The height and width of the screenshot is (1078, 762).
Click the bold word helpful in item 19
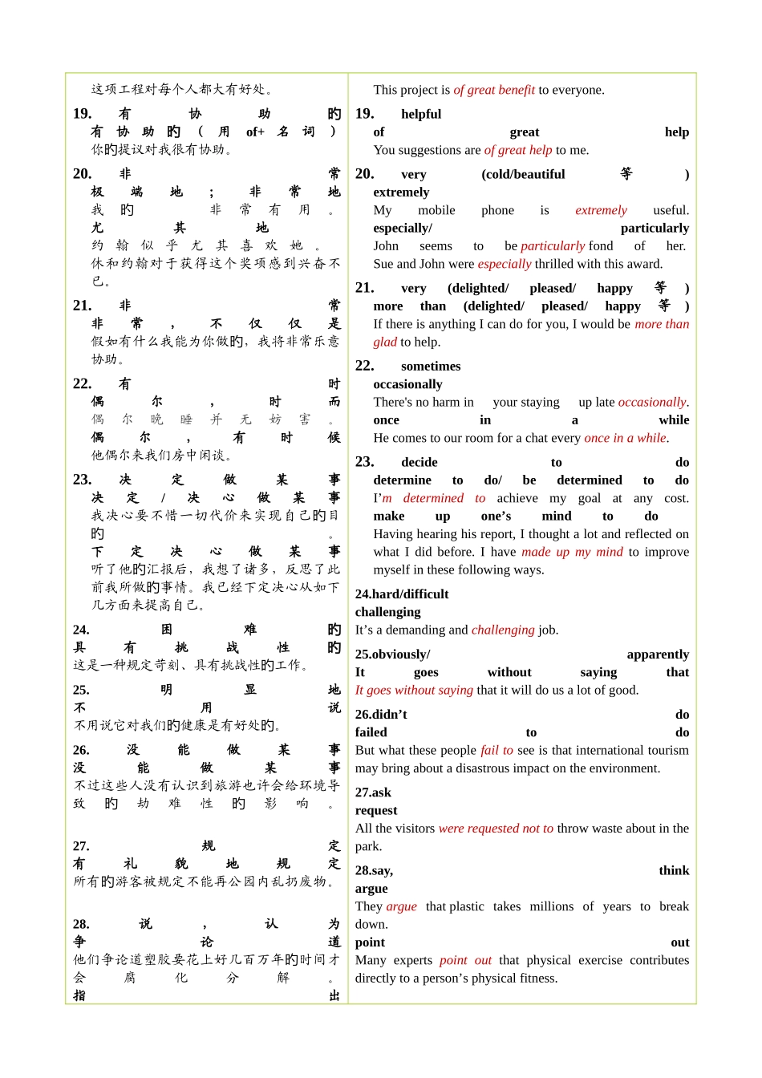tap(421, 114)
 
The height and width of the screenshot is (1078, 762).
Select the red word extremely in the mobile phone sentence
tap(601, 210)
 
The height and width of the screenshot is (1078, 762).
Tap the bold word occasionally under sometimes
tap(407, 384)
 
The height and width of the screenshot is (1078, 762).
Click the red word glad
tap(385, 342)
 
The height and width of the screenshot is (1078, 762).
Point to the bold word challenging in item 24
tap(387, 612)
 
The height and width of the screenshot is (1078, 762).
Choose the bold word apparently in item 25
tap(658, 654)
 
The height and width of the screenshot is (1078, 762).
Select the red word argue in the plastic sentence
tap(401, 906)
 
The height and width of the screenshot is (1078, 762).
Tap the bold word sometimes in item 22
tap(431, 367)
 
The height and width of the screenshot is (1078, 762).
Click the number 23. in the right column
tap(365, 462)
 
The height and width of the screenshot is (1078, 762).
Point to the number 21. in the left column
tap(83, 306)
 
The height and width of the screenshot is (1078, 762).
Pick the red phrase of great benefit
tap(494, 90)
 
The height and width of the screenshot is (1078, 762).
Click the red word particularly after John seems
tap(553, 246)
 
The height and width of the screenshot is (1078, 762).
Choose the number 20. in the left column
tap(83, 174)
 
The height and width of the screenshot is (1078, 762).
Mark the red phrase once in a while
tap(625, 438)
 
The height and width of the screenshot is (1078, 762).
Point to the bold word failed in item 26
tap(371, 732)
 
